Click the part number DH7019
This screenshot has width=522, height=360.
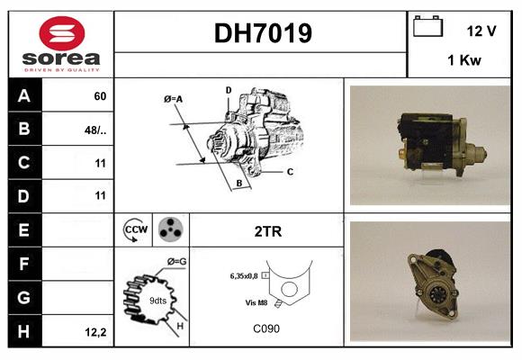(263, 33)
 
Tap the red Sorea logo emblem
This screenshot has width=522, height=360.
(62, 33)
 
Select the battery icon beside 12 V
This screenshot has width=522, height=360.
(427, 26)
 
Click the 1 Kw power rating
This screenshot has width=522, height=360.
(464, 60)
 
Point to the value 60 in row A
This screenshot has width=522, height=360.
(100, 96)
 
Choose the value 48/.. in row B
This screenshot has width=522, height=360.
(95, 130)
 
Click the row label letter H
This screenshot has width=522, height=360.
(23, 331)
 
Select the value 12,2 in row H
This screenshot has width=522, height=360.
(96, 332)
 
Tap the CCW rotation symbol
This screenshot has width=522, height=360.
(136, 229)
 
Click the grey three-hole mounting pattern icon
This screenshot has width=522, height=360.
(171, 229)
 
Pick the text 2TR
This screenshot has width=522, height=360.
(268, 231)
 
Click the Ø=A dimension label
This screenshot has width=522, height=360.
(173, 99)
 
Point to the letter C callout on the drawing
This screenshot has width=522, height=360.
(290, 172)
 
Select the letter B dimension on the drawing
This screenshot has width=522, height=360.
(239, 183)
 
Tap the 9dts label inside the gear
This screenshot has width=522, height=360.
(158, 301)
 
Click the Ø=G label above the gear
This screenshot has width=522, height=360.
(176, 262)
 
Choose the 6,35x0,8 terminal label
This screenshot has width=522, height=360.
(244, 276)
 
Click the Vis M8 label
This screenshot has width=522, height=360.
(256, 302)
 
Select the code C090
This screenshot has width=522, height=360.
(266, 328)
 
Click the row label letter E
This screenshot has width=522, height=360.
(23, 229)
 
